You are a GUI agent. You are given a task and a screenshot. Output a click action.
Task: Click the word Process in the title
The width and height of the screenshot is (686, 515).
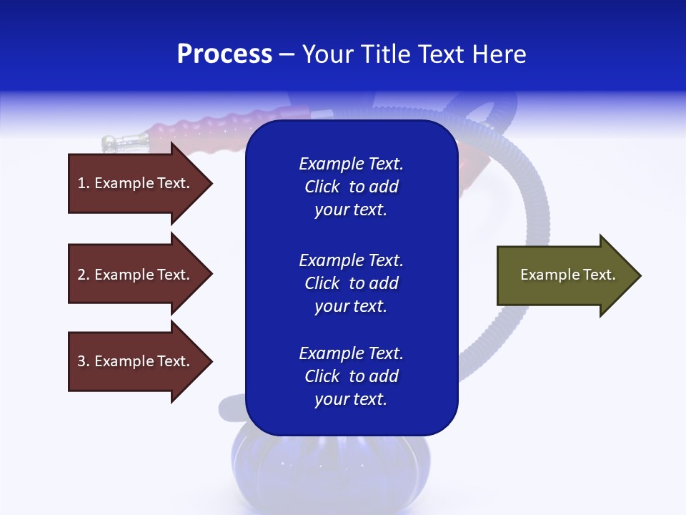pyautogui.click(x=224, y=54)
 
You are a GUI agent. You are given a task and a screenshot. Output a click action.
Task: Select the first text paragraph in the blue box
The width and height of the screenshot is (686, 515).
pyautogui.click(x=351, y=187)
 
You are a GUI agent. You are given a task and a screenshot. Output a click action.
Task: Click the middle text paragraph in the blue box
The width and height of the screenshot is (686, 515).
pyautogui.click(x=351, y=283)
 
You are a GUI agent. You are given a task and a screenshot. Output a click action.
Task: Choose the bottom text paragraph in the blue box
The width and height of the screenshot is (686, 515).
pyautogui.click(x=351, y=376)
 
